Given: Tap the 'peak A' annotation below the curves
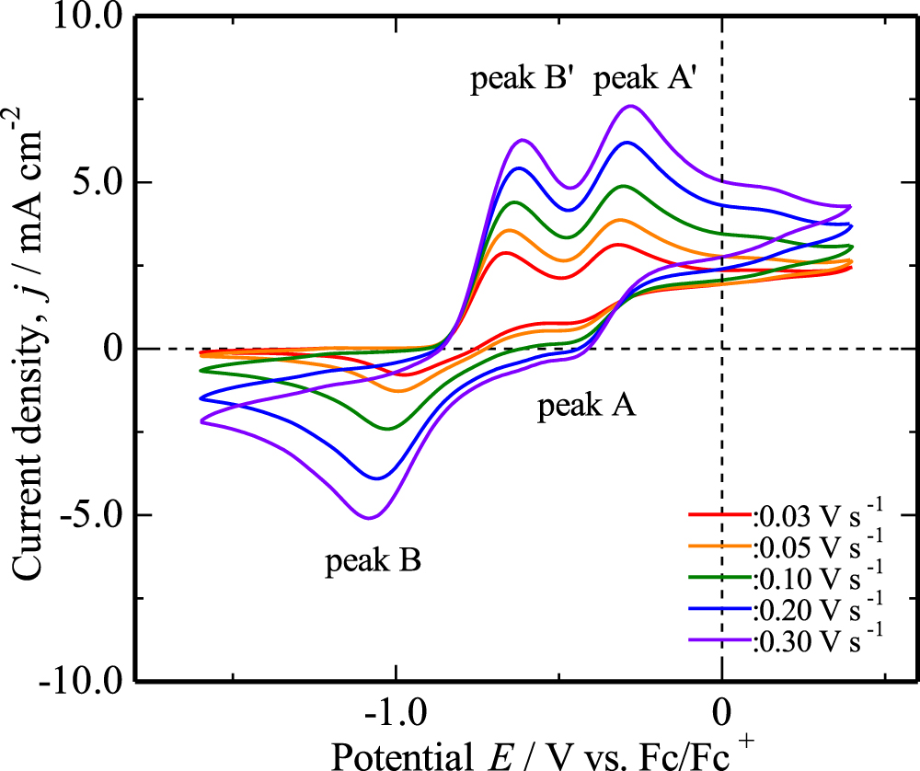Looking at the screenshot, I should pyautogui.click(x=586, y=406).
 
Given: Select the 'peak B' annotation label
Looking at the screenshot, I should pyautogui.click(x=373, y=560).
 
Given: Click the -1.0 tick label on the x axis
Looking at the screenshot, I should pyautogui.click(x=396, y=713).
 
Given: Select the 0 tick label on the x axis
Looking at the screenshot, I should pyautogui.click(x=722, y=713).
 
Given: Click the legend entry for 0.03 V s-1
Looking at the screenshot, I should pyautogui.click(x=787, y=516).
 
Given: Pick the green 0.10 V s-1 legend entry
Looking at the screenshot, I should pyautogui.click(x=787, y=579).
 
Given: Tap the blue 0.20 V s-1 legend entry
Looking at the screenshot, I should pyautogui.click(x=787, y=610).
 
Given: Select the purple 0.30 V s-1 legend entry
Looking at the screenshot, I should pyautogui.click(x=787, y=641).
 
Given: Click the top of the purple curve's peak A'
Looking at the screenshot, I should pyautogui.click(x=630, y=106).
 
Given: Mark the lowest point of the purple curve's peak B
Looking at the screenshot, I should pyautogui.click(x=369, y=518).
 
